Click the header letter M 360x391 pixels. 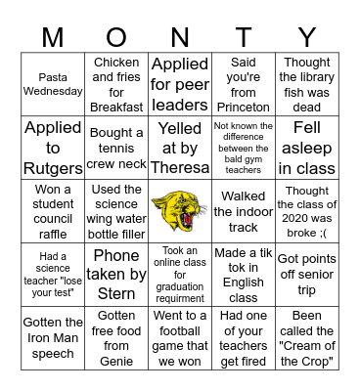(53, 36)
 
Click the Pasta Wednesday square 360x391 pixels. (53, 83)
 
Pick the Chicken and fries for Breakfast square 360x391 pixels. (116, 83)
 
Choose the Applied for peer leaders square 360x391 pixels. (179, 83)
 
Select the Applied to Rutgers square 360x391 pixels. (53, 147)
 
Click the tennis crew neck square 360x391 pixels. (116, 147)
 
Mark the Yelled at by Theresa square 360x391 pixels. (179, 147)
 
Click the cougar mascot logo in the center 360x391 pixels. (179, 210)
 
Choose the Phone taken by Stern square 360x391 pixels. (116, 274)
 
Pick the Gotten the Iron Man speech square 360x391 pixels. (53, 337)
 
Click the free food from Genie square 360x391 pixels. (116, 337)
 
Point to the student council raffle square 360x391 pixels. (53, 210)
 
